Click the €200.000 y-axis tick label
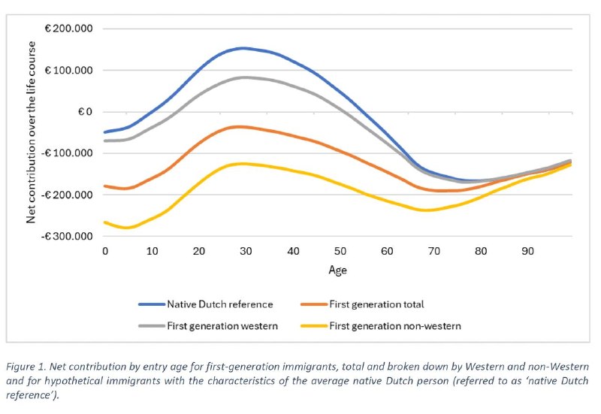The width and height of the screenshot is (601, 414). [x=69, y=29]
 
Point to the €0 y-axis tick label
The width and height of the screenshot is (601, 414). [x=86, y=112]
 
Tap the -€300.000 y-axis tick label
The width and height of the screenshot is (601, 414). [x=67, y=236]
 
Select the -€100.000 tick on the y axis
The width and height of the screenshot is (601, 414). [x=67, y=153]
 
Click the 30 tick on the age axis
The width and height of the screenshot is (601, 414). [x=246, y=252]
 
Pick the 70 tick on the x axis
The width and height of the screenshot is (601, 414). [x=434, y=252]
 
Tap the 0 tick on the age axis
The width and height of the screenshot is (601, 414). [x=105, y=252]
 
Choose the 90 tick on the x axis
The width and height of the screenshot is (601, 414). [x=528, y=252]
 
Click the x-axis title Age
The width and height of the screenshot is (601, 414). [x=337, y=270]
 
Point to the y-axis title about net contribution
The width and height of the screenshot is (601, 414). [x=31, y=132]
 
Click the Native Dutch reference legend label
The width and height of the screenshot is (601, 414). [x=220, y=304]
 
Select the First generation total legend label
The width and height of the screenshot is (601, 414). [x=377, y=304]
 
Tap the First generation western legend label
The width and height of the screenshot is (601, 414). [x=222, y=326]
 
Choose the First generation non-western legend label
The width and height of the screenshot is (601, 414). [x=395, y=326]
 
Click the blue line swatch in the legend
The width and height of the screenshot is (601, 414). [x=152, y=304]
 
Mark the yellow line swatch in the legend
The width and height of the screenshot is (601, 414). [x=314, y=326]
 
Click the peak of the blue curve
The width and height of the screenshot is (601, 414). [x=243, y=48]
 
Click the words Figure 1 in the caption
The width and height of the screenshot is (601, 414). [x=26, y=367]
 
